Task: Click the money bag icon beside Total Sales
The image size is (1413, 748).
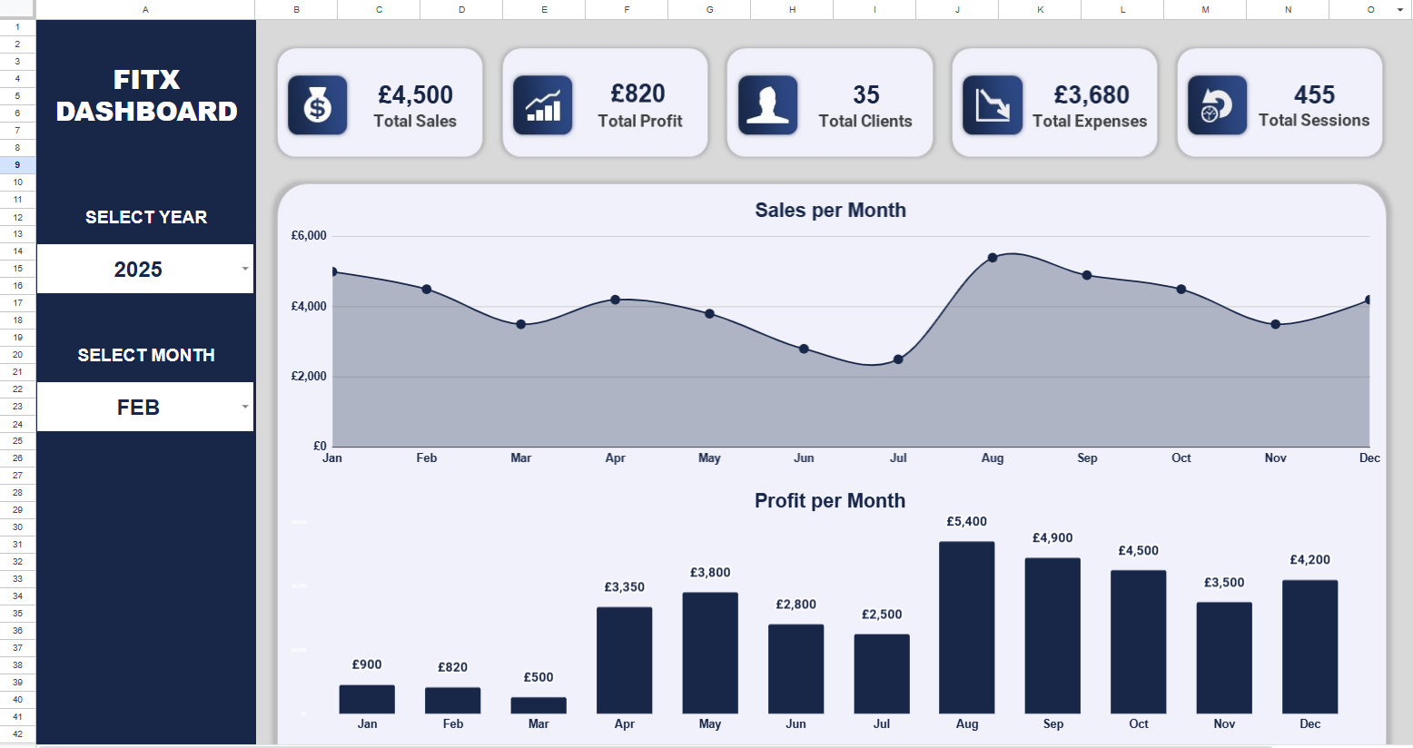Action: pyautogui.click(x=317, y=105)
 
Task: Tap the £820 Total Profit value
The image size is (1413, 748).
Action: pyautogui.click(x=638, y=94)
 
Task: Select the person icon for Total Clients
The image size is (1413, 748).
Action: pyautogui.click(x=767, y=105)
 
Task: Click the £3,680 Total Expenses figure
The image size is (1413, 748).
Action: pyautogui.click(x=1092, y=95)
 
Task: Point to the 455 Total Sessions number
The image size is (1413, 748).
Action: pyautogui.click(x=1314, y=95)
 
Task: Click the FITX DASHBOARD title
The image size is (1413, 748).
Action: pyautogui.click(x=146, y=95)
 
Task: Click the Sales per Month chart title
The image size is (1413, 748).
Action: pyautogui.click(x=830, y=211)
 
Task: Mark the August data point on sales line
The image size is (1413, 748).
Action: pyautogui.click(x=993, y=258)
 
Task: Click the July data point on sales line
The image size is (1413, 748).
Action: pyautogui.click(x=898, y=359)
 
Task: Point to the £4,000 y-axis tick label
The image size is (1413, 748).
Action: pyautogui.click(x=309, y=307)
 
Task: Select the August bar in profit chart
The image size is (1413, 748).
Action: pyautogui.click(x=966, y=627)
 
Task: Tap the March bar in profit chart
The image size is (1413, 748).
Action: pyautogui.click(x=539, y=705)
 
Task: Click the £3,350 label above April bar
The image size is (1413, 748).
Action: pyautogui.click(x=624, y=587)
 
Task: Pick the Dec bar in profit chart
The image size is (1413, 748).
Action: pyautogui.click(x=1309, y=646)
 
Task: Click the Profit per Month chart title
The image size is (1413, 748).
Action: pyautogui.click(x=829, y=501)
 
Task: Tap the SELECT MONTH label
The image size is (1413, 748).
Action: pyautogui.click(x=146, y=355)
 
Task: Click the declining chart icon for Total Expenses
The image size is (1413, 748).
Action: pyautogui.click(x=992, y=105)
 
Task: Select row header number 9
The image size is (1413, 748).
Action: pyautogui.click(x=17, y=165)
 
